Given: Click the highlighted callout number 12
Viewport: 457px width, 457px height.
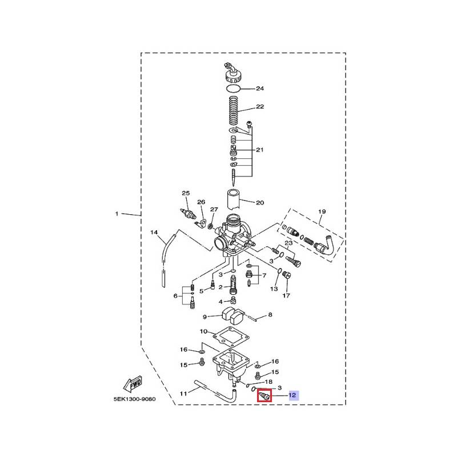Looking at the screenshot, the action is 292,395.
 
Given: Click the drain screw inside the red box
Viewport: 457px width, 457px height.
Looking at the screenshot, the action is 264,396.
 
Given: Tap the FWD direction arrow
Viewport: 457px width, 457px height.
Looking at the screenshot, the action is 133,383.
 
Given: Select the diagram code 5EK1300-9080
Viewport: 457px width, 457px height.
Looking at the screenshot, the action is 135,399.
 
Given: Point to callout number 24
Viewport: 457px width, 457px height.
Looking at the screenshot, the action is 260,89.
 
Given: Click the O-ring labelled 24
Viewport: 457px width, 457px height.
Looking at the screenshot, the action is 234,88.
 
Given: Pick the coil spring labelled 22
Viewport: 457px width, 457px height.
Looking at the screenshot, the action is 234,110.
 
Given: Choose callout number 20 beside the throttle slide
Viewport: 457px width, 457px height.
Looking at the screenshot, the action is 260,203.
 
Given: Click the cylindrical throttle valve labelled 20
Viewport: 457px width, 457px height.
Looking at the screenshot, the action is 234,199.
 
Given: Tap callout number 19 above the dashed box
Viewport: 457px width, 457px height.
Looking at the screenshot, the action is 322,211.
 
